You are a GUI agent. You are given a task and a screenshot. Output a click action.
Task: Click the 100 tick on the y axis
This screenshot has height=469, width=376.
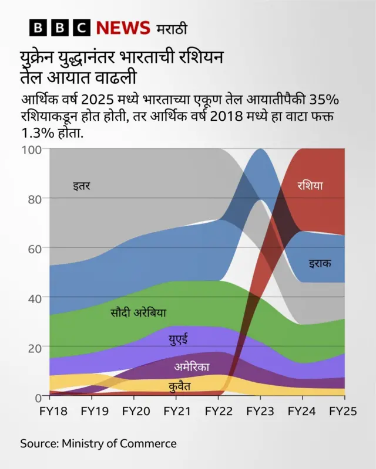pos(33,150)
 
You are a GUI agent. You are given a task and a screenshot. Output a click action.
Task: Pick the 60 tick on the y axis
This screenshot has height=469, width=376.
pos(36,249)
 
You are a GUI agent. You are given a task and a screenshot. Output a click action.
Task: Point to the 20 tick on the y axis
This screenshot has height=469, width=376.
pos(36,348)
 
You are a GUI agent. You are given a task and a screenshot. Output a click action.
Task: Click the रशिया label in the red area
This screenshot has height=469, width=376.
pos(310,186)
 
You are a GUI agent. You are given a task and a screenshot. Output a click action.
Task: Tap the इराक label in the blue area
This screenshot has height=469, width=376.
pos(320,263)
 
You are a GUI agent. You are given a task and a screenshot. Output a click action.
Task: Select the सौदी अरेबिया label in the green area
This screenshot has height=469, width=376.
pos(138,312)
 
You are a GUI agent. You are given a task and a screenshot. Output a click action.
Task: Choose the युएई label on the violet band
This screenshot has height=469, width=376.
pos(179,339)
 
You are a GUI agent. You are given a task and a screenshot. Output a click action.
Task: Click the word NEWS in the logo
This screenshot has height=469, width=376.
pos(123,28)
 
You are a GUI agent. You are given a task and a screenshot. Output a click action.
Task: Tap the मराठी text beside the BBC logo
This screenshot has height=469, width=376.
pos(172,28)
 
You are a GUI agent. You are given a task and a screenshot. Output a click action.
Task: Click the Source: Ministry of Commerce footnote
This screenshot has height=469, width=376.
pos(98,444)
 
